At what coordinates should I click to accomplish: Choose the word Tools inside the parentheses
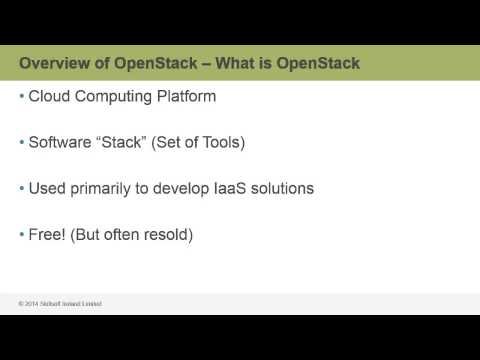coord(222,142)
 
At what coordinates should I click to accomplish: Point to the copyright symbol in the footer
coord(21,304)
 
